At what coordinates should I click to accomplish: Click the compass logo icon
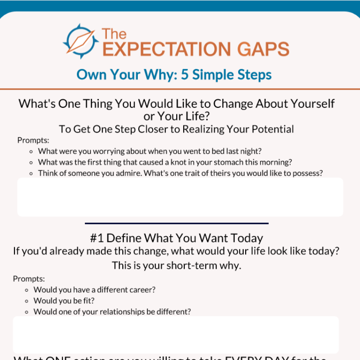click(81, 41)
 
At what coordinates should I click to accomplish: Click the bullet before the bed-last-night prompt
click(31, 151)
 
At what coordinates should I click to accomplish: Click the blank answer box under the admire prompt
click(180, 197)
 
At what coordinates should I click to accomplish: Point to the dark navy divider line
click(177, 223)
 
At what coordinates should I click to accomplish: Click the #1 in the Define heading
click(97, 238)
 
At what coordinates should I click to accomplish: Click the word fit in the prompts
click(89, 300)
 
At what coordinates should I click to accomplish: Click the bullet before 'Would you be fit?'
click(27, 301)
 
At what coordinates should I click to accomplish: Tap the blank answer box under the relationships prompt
click(176, 334)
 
